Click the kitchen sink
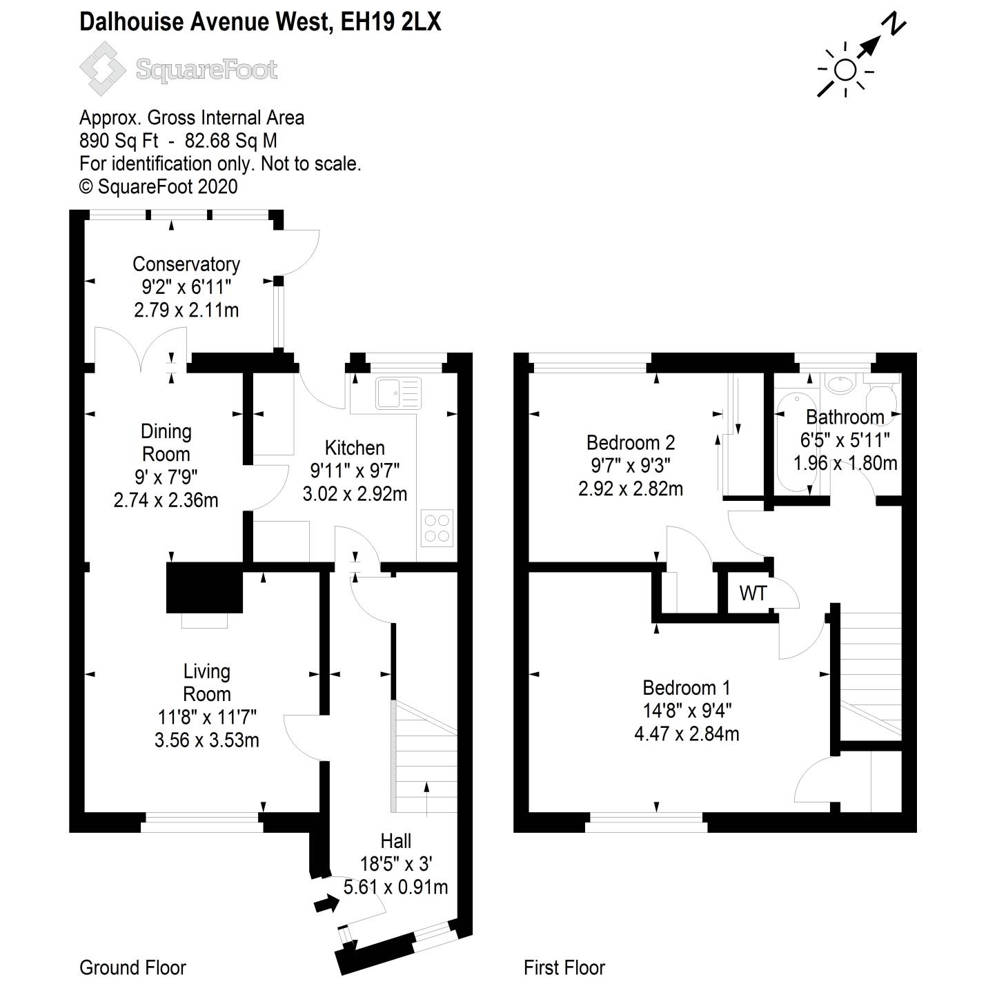click(398, 393)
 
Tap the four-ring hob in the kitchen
click(437, 528)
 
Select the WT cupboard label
click(752, 593)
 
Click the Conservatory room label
click(186, 264)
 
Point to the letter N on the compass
click(896, 25)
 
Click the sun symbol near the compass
click(845, 70)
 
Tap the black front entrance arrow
click(326, 903)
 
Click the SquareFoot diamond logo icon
click(103, 68)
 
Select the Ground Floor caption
click(132, 967)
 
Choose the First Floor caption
click(564, 967)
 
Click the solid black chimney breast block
click(204, 588)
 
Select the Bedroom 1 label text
click(686, 687)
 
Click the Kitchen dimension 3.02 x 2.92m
click(355, 493)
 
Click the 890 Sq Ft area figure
click(119, 141)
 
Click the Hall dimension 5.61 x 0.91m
click(395, 887)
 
